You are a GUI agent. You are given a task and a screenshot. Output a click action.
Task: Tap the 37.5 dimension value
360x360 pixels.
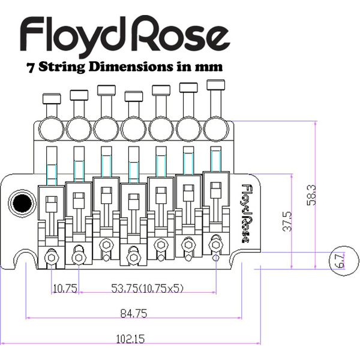(288, 221)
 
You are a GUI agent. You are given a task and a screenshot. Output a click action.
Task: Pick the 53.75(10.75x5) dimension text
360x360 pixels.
(148, 289)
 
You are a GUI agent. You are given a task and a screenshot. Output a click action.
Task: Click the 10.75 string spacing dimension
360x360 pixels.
(65, 289)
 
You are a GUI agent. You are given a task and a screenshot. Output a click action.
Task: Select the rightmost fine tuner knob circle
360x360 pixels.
(217, 127)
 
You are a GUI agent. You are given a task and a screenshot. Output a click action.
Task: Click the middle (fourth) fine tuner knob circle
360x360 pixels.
(134, 127)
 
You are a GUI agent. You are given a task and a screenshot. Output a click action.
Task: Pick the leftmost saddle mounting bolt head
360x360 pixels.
(52, 258)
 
